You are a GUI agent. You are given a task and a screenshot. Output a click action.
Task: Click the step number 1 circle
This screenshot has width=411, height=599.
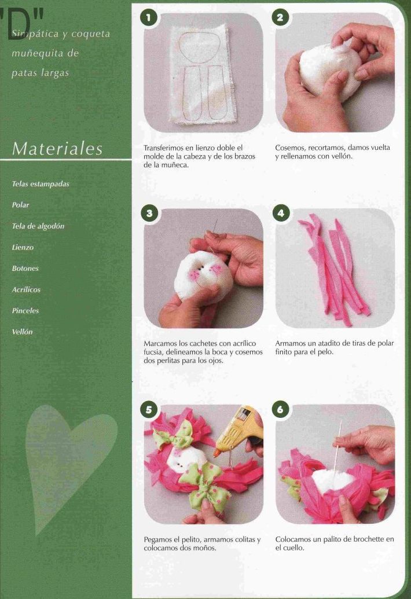[x=149, y=17]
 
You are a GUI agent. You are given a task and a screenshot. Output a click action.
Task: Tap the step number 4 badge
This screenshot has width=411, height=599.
[x=281, y=213]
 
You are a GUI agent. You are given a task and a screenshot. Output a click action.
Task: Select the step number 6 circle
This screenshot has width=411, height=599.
[x=281, y=410]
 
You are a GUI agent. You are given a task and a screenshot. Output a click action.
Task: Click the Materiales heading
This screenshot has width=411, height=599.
[x=57, y=149]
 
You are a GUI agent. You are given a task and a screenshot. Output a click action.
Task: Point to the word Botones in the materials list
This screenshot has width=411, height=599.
[x=25, y=268]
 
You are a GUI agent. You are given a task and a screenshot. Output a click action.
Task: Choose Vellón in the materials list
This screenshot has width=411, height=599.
[x=22, y=332]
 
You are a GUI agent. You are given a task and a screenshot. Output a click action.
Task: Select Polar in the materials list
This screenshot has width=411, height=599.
[x=21, y=205]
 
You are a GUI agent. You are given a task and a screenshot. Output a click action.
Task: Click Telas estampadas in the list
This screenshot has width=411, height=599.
[x=41, y=183]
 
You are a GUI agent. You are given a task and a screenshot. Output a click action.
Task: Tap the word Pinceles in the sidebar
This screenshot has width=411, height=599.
[x=25, y=311]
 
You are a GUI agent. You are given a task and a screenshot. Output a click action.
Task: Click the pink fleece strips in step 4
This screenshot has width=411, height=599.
[x=334, y=269]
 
